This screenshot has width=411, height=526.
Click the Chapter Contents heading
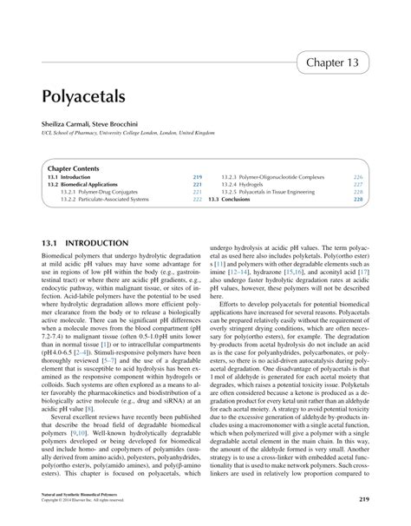tap(74, 168)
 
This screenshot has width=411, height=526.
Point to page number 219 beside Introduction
tap(197, 176)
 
